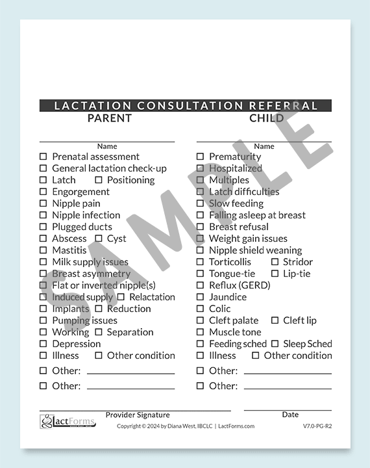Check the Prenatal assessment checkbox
click(x=43, y=157)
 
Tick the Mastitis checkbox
click(x=43, y=250)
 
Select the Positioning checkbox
click(x=99, y=180)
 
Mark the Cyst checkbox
click(x=99, y=239)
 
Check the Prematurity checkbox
click(x=201, y=157)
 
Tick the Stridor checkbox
click(x=275, y=262)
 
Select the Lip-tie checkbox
click(x=275, y=274)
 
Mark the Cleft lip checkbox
click(x=275, y=320)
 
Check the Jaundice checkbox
click(x=201, y=297)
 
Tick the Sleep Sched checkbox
click(x=275, y=344)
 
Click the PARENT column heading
click(x=109, y=118)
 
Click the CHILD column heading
click(x=266, y=118)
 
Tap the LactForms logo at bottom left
click(x=67, y=422)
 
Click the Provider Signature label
click(x=138, y=415)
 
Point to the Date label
click(x=290, y=415)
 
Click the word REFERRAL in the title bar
click(x=284, y=105)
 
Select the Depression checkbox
click(x=43, y=344)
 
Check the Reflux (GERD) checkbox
click(x=201, y=285)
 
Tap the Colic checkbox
click(x=201, y=309)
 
